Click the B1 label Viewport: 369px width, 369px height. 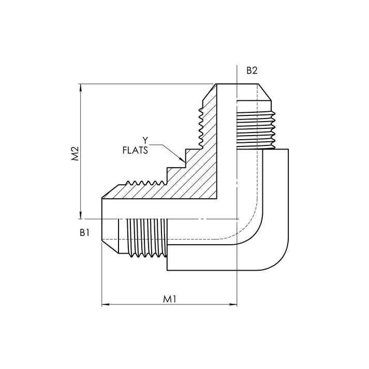tap(85, 233)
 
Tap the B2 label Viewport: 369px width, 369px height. tap(252, 70)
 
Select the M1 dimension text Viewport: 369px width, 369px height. tap(170, 299)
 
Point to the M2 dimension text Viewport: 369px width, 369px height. tap(74, 154)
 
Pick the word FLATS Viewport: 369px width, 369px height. tap(136, 151)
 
